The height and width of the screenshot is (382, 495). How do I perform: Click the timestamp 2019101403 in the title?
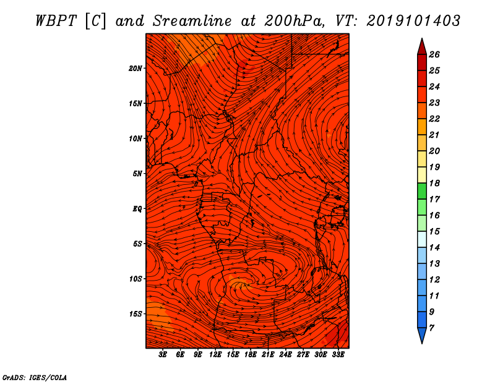pyautogui.click(x=413, y=20)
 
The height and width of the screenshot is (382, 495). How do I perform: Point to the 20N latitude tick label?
pyautogui.click(x=136, y=68)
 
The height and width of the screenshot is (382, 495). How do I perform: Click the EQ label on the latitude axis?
pyautogui.click(x=137, y=209)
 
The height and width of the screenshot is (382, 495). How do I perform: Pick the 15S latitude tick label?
pyautogui.click(x=136, y=314)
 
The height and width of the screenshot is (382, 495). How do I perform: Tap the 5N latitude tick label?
pyautogui.click(x=137, y=174)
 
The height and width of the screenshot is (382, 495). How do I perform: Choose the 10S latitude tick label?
pyautogui.click(x=136, y=279)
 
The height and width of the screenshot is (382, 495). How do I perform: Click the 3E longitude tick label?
pyautogui.click(x=163, y=355)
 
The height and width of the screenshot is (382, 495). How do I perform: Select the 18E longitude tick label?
pyautogui.click(x=251, y=355)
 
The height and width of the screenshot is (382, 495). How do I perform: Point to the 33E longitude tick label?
pyautogui.click(x=338, y=355)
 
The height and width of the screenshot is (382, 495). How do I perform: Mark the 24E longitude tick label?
pyautogui.click(x=285, y=355)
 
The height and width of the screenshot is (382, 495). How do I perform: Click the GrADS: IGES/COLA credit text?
pyautogui.click(x=34, y=377)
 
